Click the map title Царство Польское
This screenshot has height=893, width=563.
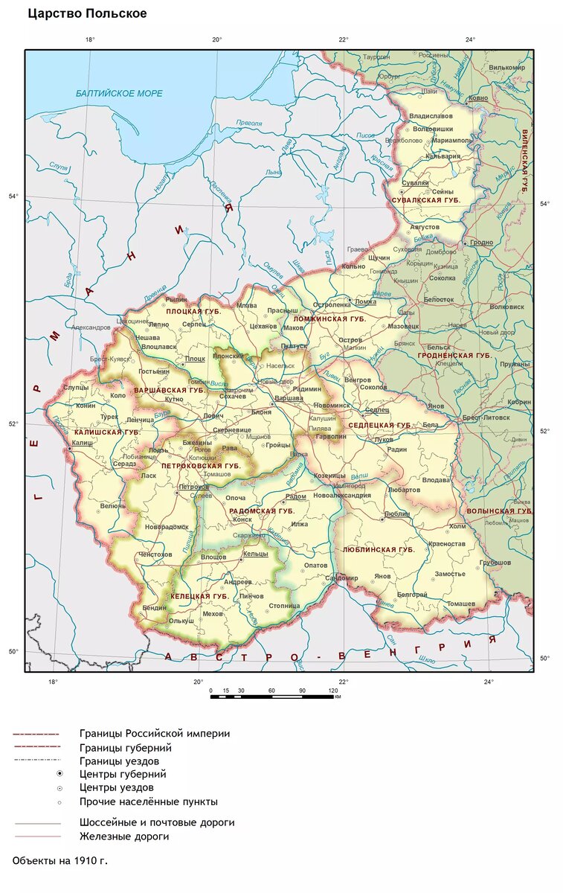pyautogui.click(x=87, y=14)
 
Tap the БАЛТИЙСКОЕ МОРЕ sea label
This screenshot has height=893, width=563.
pyautogui.click(x=119, y=93)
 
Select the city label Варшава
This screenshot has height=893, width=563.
pyautogui.click(x=289, y=399)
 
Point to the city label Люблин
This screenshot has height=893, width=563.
pyautogui.click(x=398, y=514)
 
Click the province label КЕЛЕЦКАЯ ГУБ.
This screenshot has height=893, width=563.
pyautogui.click(x=199, y=597)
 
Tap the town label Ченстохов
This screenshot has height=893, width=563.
pyautogui.click(x=155, y=554)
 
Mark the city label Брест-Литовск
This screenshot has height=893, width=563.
pyautogui.click(x=486, y=419)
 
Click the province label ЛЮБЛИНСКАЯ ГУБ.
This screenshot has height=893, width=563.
pyautogui.click(x=379, y=550)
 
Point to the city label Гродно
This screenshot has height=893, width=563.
pyautogui.click(x=481, y=243)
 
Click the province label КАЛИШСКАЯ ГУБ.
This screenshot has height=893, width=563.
pyautogui.click(x=108, y=432)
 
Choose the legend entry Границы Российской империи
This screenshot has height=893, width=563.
pyautogui.click(x=154, y=734)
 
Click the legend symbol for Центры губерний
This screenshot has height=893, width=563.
pyautogui.click(x=59, y=774)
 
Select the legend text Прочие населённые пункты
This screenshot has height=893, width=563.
pyautogui.click(x=148, y=802)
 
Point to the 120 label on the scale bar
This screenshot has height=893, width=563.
pyautogui.click(x=333, y=691)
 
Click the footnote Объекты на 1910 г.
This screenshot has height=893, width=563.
pyautogui.click(x=60, y=860)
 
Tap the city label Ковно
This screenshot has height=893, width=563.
pyautogui.click(x=478, y=98)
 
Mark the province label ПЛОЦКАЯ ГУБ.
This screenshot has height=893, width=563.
pyautogui.click(x=193, y=312)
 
